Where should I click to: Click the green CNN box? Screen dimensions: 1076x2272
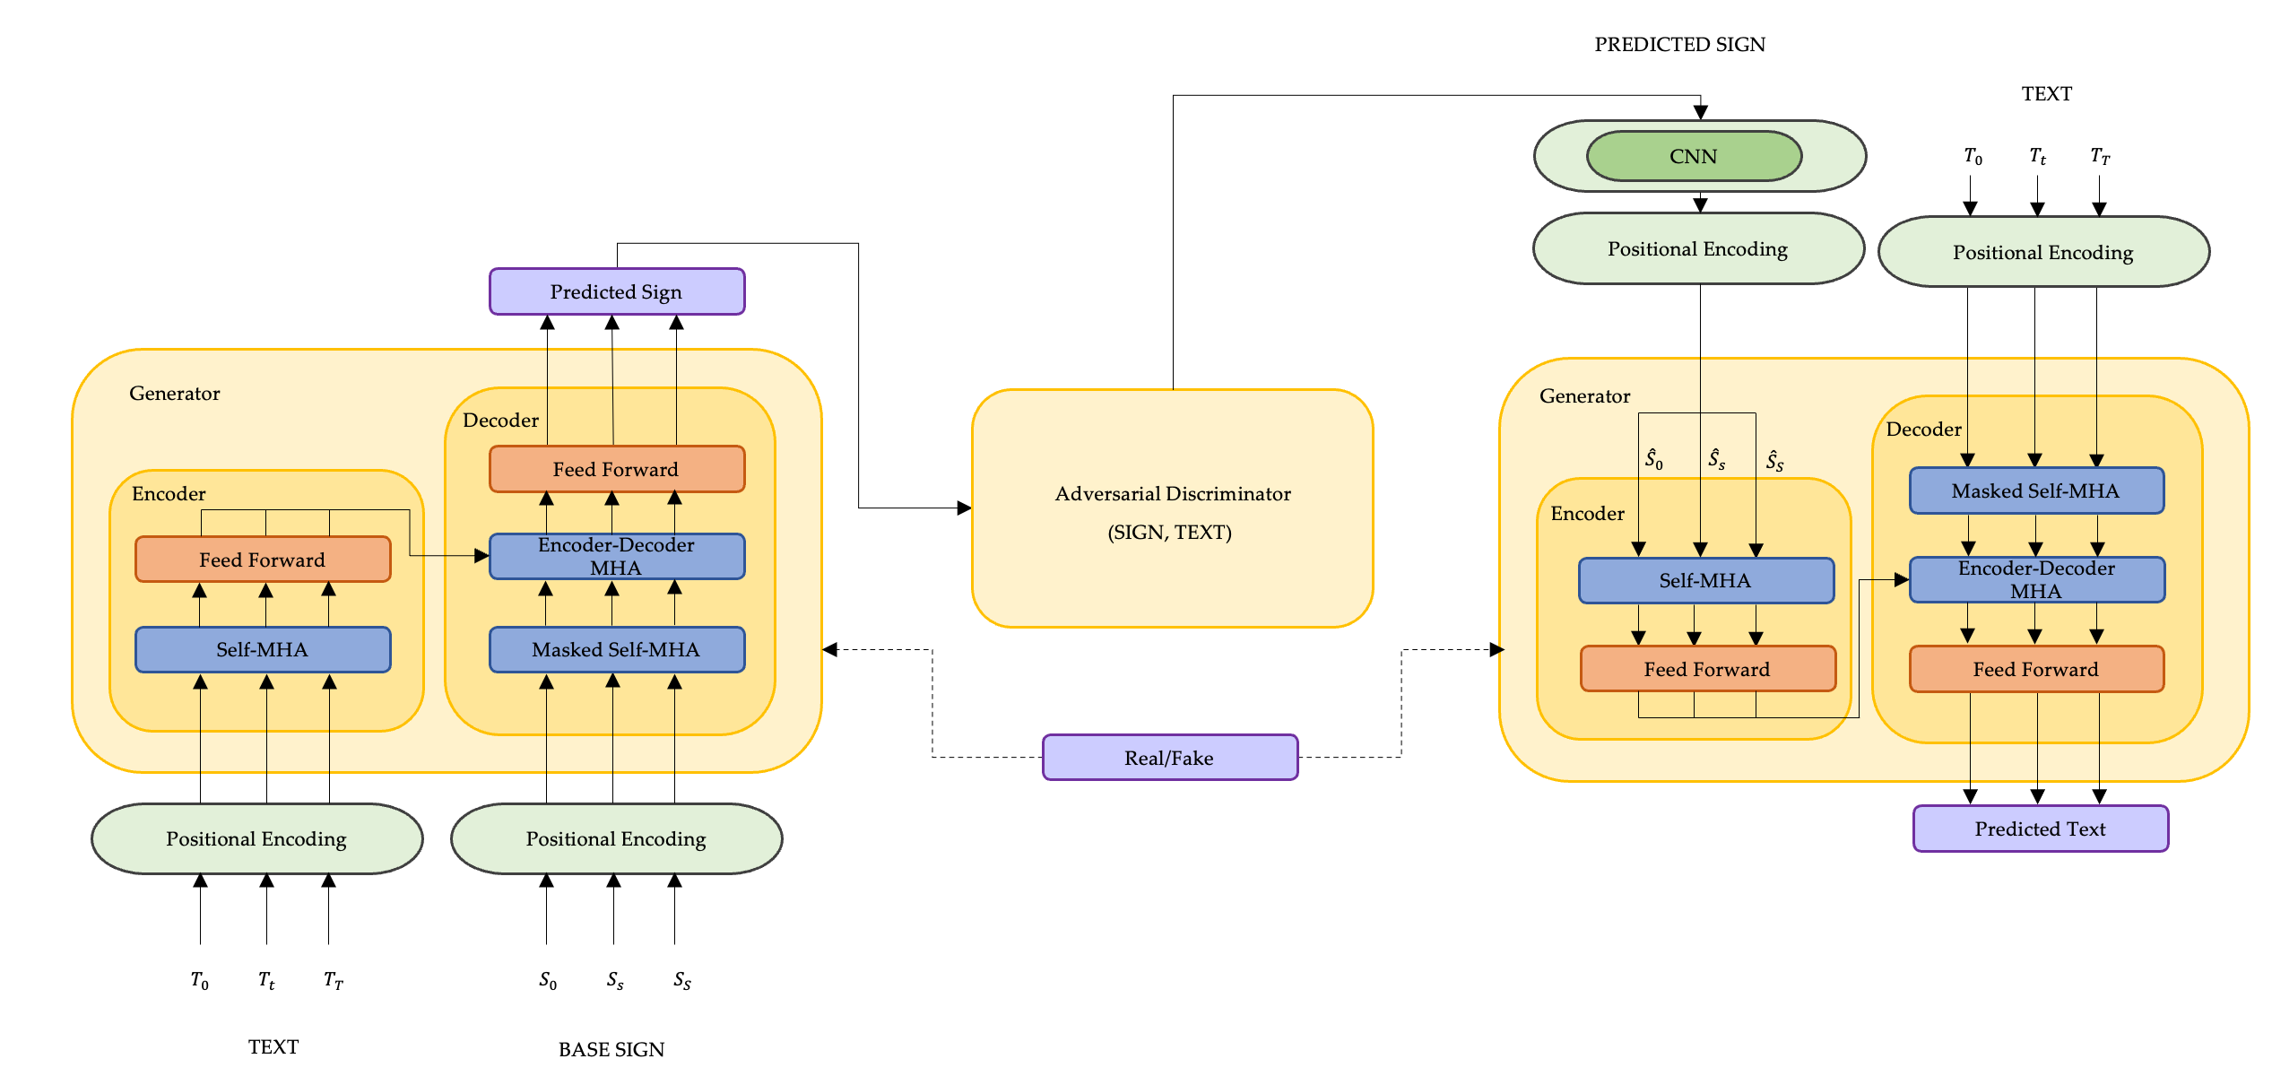click(x=1693, y=156)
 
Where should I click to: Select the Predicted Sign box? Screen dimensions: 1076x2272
click(x=616, y=291)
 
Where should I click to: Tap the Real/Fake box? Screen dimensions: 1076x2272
click(x=1169, y=758)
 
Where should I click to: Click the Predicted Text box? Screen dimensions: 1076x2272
click(x=2040, y=829)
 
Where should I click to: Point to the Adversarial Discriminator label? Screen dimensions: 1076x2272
click(x=1172, y=494)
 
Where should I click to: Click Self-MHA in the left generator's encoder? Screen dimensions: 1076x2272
click(x=262, y=649)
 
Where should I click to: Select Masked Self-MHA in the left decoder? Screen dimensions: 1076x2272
click(x=616, y=649)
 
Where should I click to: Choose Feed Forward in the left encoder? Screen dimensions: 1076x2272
click(x=262, y=560)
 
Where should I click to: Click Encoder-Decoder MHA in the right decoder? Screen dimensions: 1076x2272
click(x=2036, y=579)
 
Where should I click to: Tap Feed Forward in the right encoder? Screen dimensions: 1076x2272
click(x=1707, y=669)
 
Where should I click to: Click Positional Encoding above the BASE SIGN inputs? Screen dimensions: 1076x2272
click(x=616, y=838)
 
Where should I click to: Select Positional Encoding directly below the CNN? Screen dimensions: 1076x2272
click(x=1697, y=248)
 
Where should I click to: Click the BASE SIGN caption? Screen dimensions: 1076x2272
click(x=611, y=1049)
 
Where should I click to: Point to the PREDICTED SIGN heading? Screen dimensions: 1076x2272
click(x=1679, y=44)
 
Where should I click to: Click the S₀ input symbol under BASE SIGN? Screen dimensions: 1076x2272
click(x=547, y=980)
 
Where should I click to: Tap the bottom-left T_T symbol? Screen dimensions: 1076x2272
click(x=333, y=980)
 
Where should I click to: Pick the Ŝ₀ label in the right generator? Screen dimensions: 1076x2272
click(x=1653, y=459)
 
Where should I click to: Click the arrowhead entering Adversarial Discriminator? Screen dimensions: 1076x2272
click(x=965, y=508)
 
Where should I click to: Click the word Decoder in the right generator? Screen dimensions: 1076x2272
click(x=1923, y=429)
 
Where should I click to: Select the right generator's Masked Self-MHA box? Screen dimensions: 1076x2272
click(x=2036, y=490)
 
